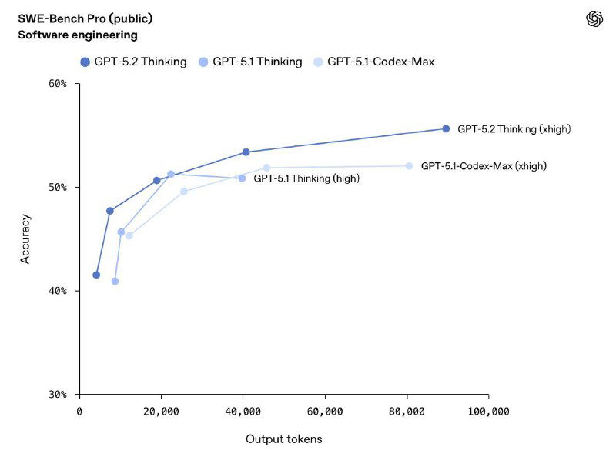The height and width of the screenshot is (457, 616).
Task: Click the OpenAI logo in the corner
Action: click(594, 19)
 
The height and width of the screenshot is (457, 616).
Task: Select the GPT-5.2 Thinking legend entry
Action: click(133, 62)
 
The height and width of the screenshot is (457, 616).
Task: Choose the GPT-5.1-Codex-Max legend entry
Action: click(372, 62)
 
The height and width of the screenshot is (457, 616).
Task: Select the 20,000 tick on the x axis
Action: click(161, 412)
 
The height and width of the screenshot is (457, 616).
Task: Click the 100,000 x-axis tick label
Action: click(488, 412)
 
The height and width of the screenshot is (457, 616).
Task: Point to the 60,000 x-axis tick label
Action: click(325, 412)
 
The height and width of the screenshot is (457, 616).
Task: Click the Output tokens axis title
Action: click(283, 439)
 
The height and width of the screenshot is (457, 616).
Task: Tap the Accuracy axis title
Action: click(25, 239)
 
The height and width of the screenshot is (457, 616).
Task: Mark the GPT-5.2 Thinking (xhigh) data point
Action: click(446, 129)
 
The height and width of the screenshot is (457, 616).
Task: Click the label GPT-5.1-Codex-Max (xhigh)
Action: click(484, 166)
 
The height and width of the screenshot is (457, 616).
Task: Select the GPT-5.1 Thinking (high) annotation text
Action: click(306, 178)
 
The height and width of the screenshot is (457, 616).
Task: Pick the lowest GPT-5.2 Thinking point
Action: click(96, 275)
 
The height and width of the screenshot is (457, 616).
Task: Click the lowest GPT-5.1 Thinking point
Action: click(115, 281)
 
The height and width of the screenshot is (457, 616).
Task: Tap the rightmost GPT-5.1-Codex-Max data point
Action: click(409, 166)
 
